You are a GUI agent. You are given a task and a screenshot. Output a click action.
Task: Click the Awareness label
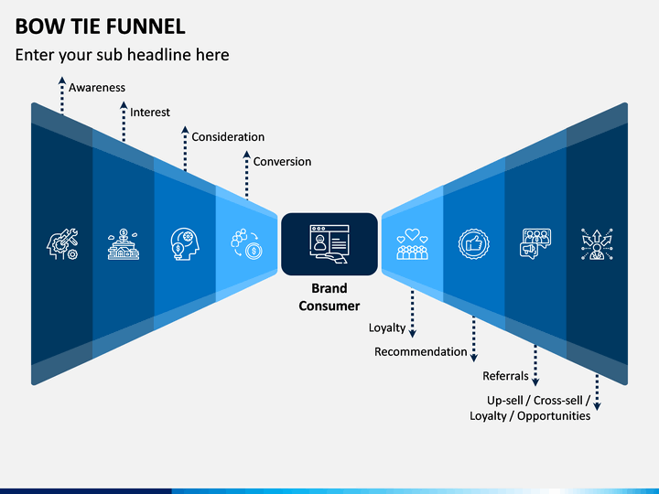97,88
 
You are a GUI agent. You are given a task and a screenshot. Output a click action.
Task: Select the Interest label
150,113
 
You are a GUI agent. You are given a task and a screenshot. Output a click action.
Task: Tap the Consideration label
228,137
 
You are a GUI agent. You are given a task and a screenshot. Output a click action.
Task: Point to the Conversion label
282,162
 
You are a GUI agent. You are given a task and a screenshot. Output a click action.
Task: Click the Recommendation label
421,351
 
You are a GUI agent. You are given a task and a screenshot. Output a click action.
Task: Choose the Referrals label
505,376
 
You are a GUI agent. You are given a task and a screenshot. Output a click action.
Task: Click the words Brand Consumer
329,297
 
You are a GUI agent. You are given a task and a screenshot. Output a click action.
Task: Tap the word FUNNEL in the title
146,27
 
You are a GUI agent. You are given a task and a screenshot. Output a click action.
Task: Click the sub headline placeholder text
123,55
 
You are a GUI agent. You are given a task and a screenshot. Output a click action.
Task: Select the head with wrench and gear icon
62,244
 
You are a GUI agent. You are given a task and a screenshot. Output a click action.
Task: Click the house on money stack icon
124,244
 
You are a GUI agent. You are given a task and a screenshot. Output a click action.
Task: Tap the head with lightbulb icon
185,244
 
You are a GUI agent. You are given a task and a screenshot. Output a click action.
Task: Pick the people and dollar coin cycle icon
247,244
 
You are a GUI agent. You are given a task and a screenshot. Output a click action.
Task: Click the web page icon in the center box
329,244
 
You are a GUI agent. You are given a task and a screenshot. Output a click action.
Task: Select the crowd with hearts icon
412,244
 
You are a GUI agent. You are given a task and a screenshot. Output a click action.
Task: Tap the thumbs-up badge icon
474,244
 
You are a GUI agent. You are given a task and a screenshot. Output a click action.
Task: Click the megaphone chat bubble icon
535,244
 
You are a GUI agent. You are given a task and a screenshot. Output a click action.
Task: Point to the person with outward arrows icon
597,244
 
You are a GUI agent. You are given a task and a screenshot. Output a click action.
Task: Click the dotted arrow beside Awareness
62,95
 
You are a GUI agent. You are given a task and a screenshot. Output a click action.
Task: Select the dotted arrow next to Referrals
535,365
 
